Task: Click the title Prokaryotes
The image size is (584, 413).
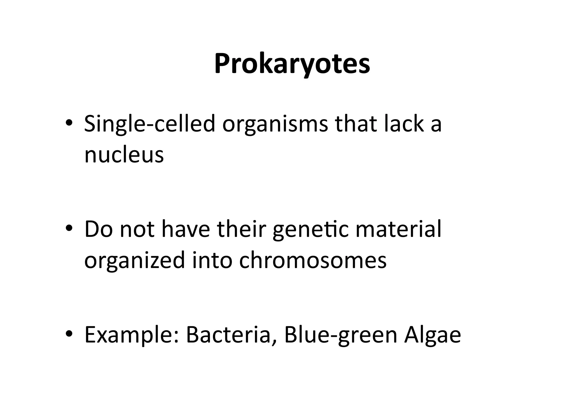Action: pyautogui.click(x=292, y=64)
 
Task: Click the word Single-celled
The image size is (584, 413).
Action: pyautogui.click(x=149, y=124)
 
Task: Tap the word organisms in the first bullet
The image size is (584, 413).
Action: pyautogui.click(x=275, y=124)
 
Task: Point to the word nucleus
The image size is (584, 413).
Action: pyautogui.click(x=124, y=155)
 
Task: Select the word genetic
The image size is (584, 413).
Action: pyautogui.click(x=311, y=230)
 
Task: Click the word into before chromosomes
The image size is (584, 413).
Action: pyautogui.click(x=212, y=260)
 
